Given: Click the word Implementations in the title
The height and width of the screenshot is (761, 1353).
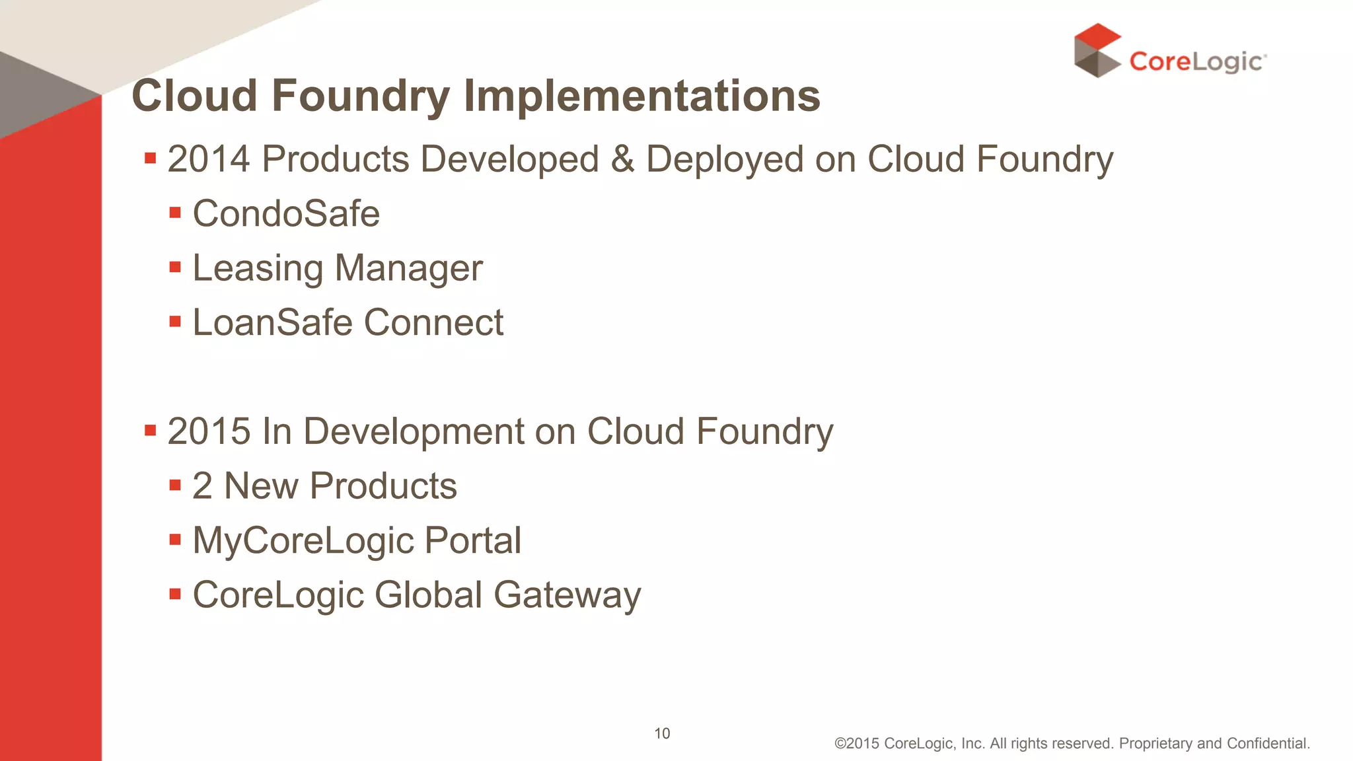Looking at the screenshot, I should pos(641,96).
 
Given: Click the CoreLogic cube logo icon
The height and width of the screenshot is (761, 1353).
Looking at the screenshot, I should pos(1097,51).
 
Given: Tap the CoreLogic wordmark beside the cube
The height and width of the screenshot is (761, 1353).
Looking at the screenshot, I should pos(1196,61).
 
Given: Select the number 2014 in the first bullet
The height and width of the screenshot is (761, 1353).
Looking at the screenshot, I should pos(209,159).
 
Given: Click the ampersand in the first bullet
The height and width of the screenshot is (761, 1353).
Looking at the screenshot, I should pos(622,159).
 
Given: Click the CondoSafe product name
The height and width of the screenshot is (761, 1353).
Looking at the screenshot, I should pos(286,213).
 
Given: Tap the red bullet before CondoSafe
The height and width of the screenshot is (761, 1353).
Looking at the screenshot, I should pos(175,213).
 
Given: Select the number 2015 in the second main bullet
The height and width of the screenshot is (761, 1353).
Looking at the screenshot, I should pos(209,431).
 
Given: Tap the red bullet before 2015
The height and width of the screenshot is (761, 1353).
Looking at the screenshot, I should pos(150,431).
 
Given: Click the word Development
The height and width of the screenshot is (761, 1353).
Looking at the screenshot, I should pos(413,433).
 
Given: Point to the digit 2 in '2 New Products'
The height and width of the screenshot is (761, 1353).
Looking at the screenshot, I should pos(202,486).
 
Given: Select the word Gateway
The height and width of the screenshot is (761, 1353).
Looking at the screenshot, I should pos(567,596).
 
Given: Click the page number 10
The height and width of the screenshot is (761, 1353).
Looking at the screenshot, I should pos(662,733).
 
